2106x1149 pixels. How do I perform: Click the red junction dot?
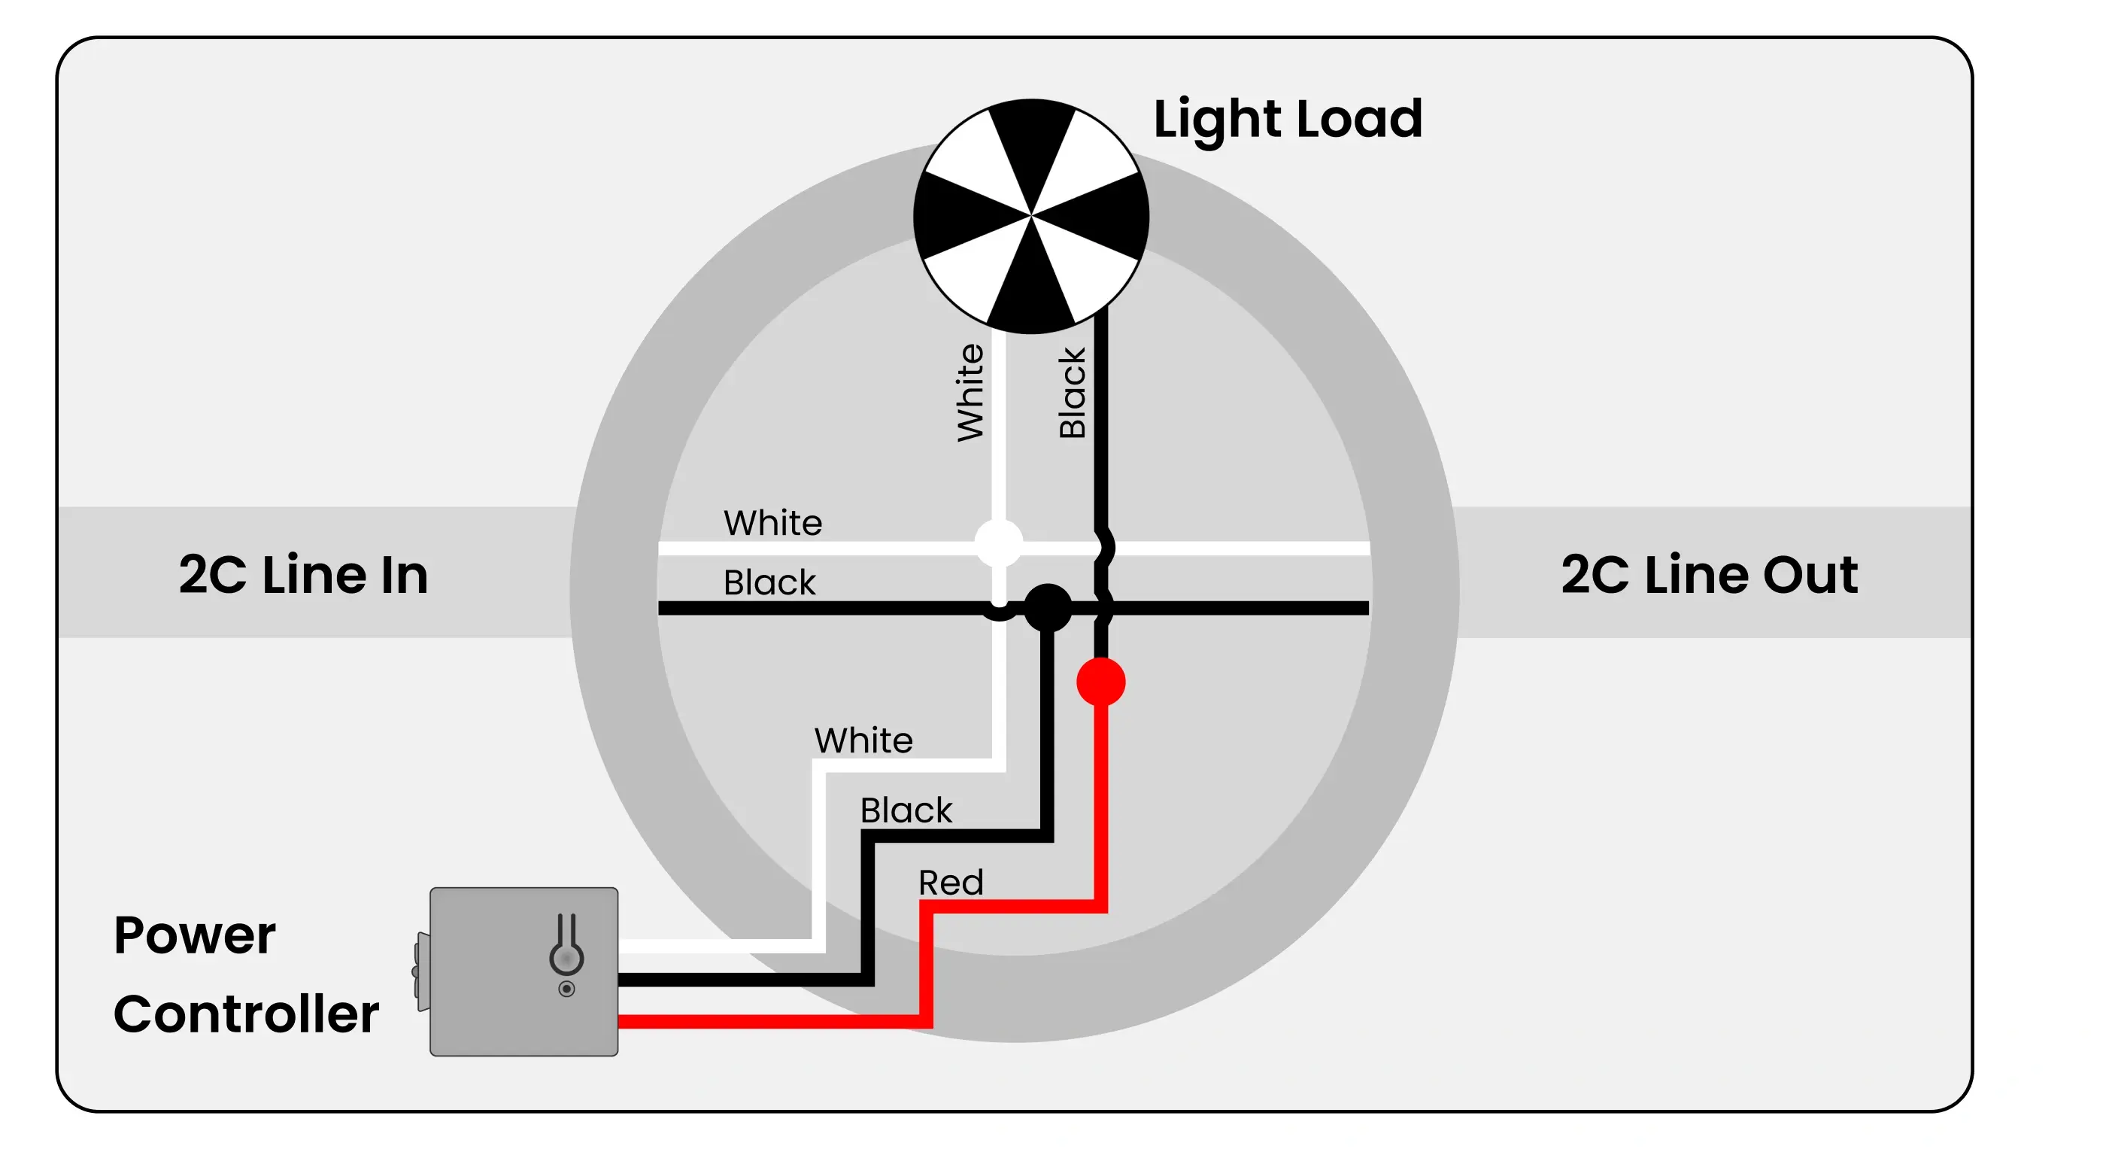point(1100,682)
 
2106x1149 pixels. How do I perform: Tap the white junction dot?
point(998,543)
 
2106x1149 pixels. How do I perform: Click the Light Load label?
point(1288,120)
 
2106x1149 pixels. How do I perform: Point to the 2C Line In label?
point(303,574)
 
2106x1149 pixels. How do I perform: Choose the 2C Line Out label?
point(1709,574)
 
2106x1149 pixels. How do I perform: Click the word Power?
point(195,935)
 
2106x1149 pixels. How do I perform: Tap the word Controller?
point(246,1014)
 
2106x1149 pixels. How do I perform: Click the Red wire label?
point(950,883)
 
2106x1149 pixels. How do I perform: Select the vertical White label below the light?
point(970,393)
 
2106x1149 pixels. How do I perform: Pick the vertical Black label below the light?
point(1072,393)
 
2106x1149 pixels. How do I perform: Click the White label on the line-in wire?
point(772,522)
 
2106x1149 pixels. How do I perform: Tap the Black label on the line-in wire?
point(769,582)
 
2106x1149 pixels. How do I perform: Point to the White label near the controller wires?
point(863,740)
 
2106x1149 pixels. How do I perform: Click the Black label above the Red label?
point(906,810)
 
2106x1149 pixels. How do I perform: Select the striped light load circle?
point(1031,216)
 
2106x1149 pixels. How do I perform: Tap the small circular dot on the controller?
point(566,989)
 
